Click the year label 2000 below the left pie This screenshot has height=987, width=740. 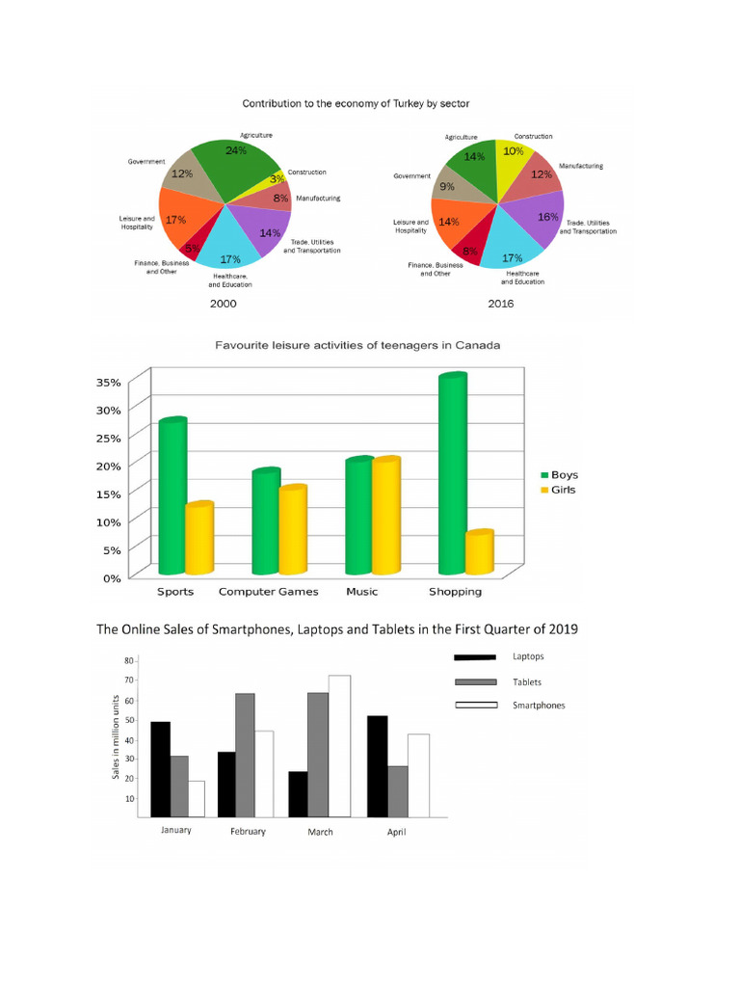coord(223,304)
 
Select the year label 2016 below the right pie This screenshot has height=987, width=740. coord(500,304)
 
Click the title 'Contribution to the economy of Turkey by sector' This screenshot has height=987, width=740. coord(356,102)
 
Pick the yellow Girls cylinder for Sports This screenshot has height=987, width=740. coord(199,539)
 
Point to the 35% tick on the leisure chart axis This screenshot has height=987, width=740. coord(109,383)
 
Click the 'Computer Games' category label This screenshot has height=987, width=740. coord(268,592)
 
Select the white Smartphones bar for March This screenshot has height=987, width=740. coord(338,746)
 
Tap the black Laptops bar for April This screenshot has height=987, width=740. coord(377,766)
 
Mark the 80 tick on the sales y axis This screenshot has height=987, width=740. coord(128,661)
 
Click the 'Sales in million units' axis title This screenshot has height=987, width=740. coord(115,738)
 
